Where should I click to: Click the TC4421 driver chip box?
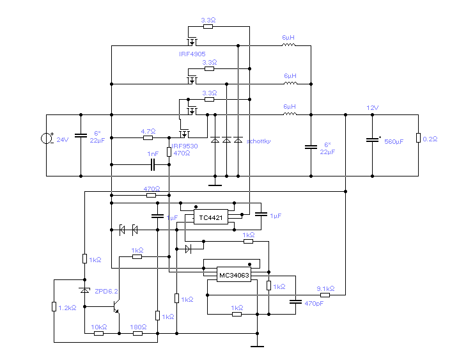tap(211, 217)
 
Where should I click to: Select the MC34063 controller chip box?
tap(234, 274)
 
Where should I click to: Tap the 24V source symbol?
tap(46, 138)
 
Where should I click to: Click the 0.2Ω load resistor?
tap(418, 138)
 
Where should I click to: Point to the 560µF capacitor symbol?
tap(372, 140)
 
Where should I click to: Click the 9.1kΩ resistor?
tap(325, 295)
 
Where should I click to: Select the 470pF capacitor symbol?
tap(295, 301)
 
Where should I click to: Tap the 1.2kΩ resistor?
tap(54, 306)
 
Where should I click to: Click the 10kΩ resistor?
tap(98, 333)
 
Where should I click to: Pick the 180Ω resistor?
tap(137, 333)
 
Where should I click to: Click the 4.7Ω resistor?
tap(148, 137)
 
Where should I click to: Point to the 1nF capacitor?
tap(153, 164)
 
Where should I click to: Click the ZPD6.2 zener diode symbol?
tap(84, 290)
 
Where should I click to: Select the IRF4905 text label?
tap(192, 54)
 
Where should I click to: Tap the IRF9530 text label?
tap(184, 146)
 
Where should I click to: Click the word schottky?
tap(258, 141)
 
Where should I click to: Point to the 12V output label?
tap(372, 107)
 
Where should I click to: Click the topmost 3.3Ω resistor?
tap(208, 27)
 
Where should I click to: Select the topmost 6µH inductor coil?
tap(288, 45)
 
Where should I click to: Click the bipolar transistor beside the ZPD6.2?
tap(116, 307)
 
